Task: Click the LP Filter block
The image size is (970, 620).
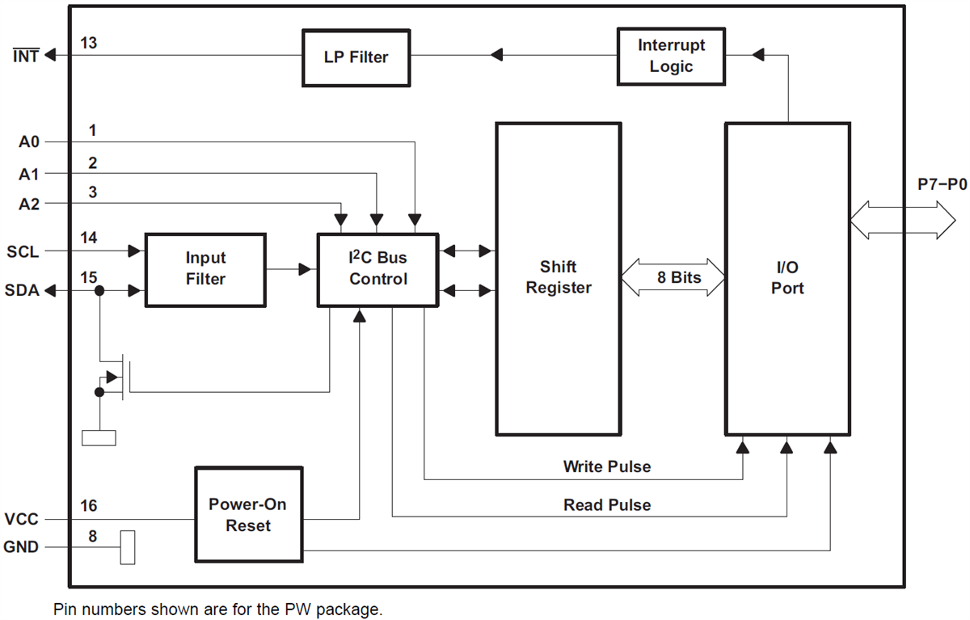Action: [356, 57]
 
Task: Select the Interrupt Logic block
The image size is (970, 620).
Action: [670, 56]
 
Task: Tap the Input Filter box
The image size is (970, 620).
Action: [205, 269]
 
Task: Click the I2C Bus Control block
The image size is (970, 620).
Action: [377, 269]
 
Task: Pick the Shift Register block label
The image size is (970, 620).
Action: [559, 277]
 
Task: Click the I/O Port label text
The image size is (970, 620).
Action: [787, 277]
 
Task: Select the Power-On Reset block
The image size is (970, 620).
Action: [248, 515]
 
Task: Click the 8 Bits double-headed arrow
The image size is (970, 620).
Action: [673, 277]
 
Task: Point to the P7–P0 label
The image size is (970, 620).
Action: [942, 184]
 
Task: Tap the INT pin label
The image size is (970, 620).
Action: [25, 57]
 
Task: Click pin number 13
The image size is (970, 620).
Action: [89, 43]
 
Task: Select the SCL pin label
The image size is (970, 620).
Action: [22, 251]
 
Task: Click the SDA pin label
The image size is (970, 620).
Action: [22, 290]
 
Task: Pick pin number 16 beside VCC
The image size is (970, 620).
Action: [89, 505]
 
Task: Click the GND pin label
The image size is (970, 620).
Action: [21, 547]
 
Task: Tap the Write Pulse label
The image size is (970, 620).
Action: [606, 466]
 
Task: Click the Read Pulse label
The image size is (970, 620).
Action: [606, 504]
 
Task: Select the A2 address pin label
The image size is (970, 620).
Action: [29, 205]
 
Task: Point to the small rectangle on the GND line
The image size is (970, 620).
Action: [127, 547]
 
